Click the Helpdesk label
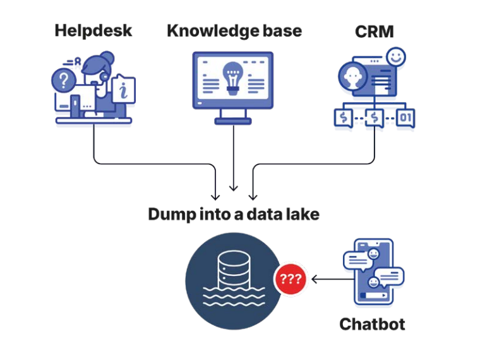pyautogui.click(x=93, y=30)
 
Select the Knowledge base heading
pyautogui.click(x=234, y=30)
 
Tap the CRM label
pyautogui.click(x=375, y=30)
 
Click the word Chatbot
pyautogui.click(x=372, y=325)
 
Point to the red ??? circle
pyautogui.click(x=290, y=279)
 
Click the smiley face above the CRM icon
pyautogui.click(x=397, y=57)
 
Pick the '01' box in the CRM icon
pyautogui.click(x=405, y=118)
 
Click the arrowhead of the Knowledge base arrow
pyautogui.click(x=234, y=188)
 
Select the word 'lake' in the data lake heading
pyautogui.click(x=302, y=214)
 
